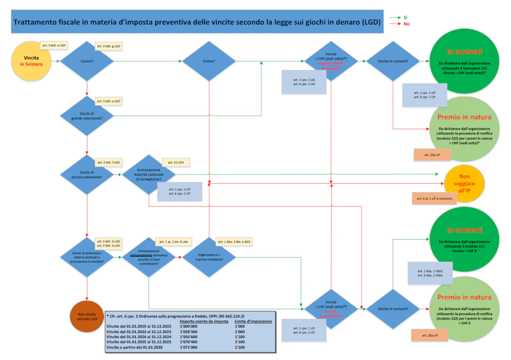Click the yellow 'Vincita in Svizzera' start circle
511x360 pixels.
click(x=31, y=61)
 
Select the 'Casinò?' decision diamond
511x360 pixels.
click(x=87, y=61)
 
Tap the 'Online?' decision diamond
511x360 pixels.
click(x=209, y=61)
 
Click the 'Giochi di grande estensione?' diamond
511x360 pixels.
click(x=87, y=115)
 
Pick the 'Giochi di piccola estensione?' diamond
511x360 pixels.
click(x=87, y=174)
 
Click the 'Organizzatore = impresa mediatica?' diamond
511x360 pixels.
click(x=209, y=257)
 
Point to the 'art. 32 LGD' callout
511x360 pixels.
click(x=176, y=163)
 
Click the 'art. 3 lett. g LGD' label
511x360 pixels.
click(x=109, y=46)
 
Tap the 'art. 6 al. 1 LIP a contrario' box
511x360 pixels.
click(x=434, y=199)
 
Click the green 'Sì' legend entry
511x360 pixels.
click(x=405, y=17)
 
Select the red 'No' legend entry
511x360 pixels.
click(x=406, y=23)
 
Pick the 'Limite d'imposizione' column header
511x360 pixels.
click(x=254, y=322)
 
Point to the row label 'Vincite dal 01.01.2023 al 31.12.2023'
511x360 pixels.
click(x=139, y=332)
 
